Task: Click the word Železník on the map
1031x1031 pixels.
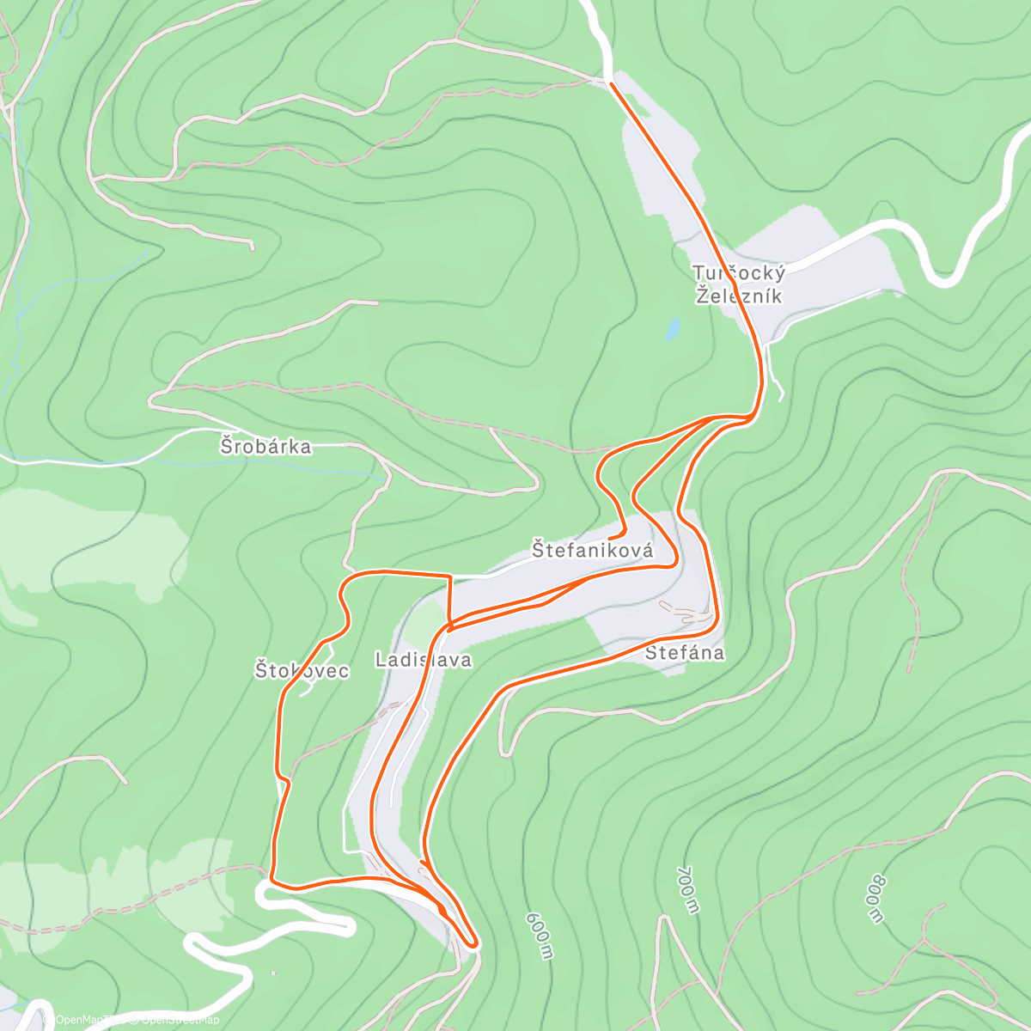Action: (739, 296)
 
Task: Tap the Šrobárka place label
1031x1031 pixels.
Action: (265, 446)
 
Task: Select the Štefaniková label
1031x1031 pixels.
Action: (593, 550)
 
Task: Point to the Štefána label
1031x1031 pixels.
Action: (684, 653)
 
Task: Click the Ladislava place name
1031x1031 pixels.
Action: (424, 660)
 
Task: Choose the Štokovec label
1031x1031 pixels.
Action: (302, 670)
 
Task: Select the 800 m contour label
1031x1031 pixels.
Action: (874, 899)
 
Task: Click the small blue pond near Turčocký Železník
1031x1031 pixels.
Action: (673, 327)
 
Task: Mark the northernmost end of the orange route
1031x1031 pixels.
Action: (610, 83)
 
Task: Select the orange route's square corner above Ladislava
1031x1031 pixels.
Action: (449, 575)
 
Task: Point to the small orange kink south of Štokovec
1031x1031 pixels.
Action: (284, 780)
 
